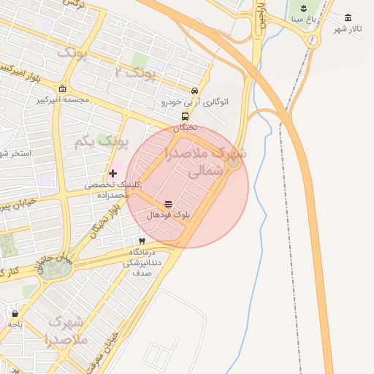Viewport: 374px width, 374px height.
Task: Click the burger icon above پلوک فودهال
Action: pos(169,204)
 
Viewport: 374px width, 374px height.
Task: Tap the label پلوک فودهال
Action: pos(169,215)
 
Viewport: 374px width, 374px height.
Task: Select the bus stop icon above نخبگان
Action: pos(185,116)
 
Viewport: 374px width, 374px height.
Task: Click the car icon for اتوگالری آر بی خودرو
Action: pos(194,91)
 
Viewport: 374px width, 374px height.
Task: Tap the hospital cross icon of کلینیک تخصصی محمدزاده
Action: pos(112,173)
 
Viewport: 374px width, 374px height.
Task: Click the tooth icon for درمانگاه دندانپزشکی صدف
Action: pos(142,240)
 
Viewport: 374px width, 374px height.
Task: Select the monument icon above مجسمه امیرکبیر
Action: pos(63,88)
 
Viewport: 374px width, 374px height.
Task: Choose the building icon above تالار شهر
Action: pos(348,18)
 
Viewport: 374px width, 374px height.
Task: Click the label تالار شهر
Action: pos(348,28)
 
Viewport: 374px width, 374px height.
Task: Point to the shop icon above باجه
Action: pos(15,313)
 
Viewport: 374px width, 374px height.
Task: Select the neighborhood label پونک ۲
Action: pos(136,71)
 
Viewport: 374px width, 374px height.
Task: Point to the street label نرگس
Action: pos(72,4)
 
